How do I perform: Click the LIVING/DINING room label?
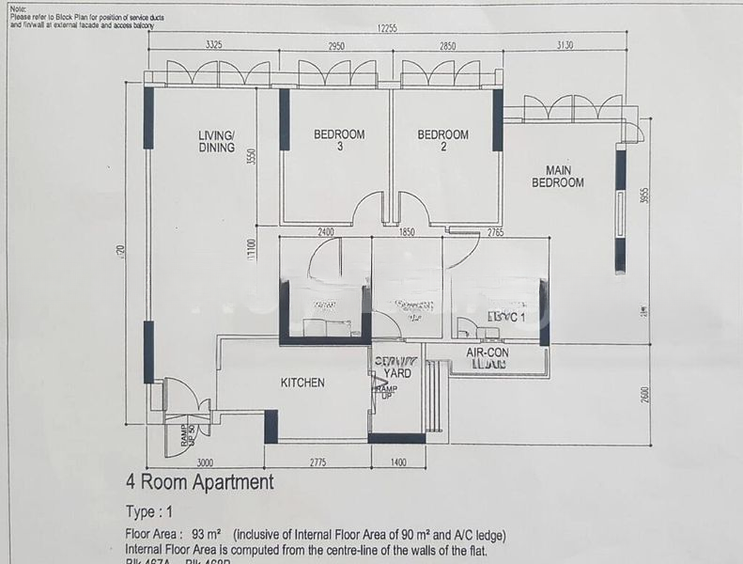[216, 141]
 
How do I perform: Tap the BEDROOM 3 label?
[339, 140]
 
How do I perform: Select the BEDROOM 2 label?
[442, 140]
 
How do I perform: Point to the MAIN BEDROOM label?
[558, 177]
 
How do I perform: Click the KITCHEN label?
[302, 383]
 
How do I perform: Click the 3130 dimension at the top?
[565, 45]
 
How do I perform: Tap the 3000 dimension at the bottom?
[205, 462]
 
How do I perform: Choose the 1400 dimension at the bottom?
[398, 462]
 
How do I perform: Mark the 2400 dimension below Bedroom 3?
[326, 231]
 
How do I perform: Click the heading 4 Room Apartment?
[200, 483]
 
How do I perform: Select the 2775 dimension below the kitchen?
[318, 462]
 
